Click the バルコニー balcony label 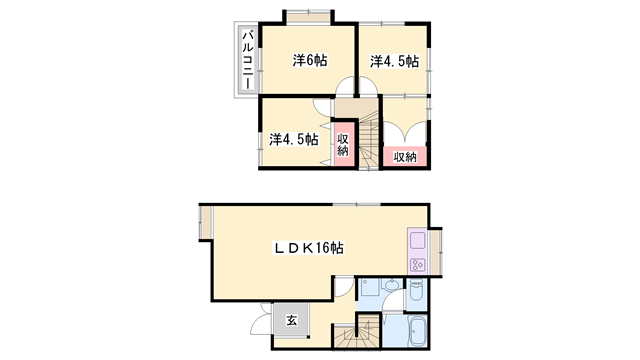(248, 60)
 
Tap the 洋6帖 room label (310, 60)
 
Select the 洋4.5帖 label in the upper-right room (394, 61)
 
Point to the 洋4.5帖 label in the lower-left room (294, 139)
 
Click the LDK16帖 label (308, 248)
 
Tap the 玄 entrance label (291, 320)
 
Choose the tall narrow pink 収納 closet (344, 144)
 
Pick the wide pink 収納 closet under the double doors (405, 156)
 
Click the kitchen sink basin (417, 240)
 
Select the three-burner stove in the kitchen (417, 265)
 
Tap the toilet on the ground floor (416, 290)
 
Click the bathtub (417, 331)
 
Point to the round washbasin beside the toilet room (392, 285)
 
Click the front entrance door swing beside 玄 (258, 320)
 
